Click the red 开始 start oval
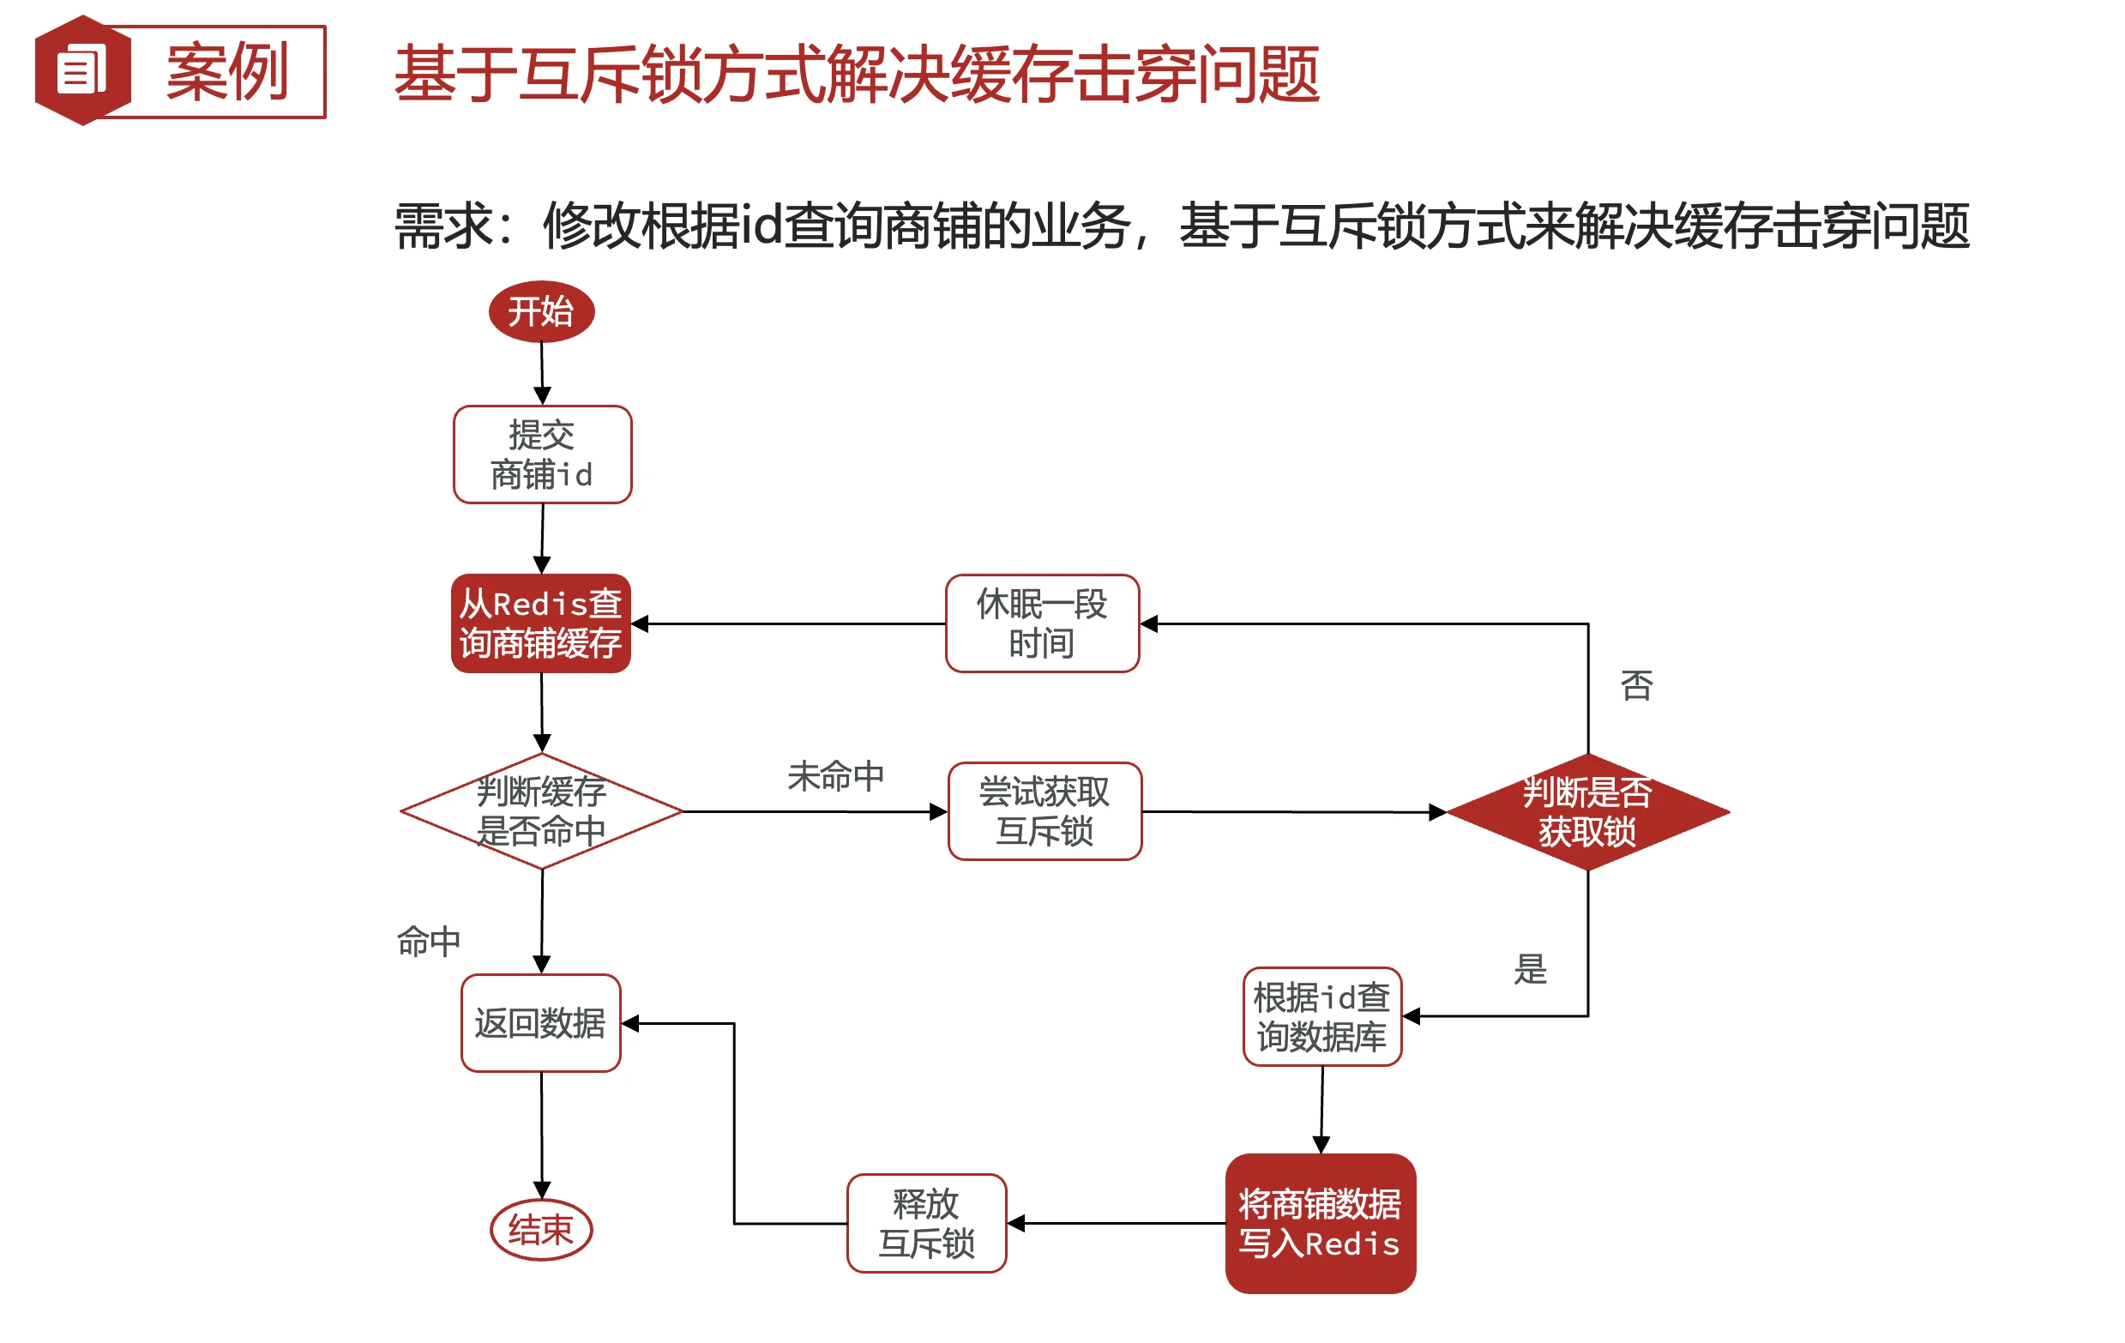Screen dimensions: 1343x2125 click(x=541, y=311)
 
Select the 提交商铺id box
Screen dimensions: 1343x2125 click(x=542, y=455)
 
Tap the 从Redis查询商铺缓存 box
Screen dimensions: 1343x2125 click(x=541, y=623)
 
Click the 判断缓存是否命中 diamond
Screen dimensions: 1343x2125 click(x=541, y=811)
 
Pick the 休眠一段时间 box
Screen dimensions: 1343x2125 click(x=1041, y=623)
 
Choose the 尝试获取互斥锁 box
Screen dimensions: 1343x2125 click(x=1044, y=811)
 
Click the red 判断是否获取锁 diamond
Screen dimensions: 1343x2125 click(x=1586, y=812)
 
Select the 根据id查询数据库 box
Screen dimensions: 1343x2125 click(x=1321, y=1016)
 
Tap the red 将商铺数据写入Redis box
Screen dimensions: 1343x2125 click(x=1320, y=1223)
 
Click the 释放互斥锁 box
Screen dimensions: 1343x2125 click(x=925, y=1223)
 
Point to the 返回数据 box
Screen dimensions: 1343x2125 click(x=541, y=1023)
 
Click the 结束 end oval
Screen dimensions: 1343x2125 click(x=541, y=1229)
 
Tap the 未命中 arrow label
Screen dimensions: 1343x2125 click(x=835, y=776)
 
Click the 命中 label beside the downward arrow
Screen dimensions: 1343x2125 click(x=429, y=942)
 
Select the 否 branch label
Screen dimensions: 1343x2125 click(x=1636, y=685)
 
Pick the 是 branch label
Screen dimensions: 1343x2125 click(x=1530, y=970)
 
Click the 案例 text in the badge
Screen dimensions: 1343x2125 click(x=226, y=71)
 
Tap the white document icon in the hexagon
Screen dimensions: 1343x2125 click(x=81, y=69)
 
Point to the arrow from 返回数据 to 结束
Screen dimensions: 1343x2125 click(x=541, y=1135)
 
